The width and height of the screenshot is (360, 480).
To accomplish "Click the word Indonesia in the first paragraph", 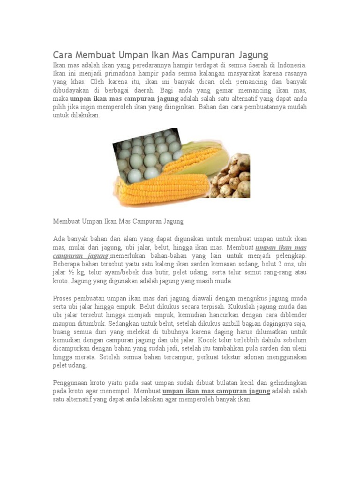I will click(x=291, y=65).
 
